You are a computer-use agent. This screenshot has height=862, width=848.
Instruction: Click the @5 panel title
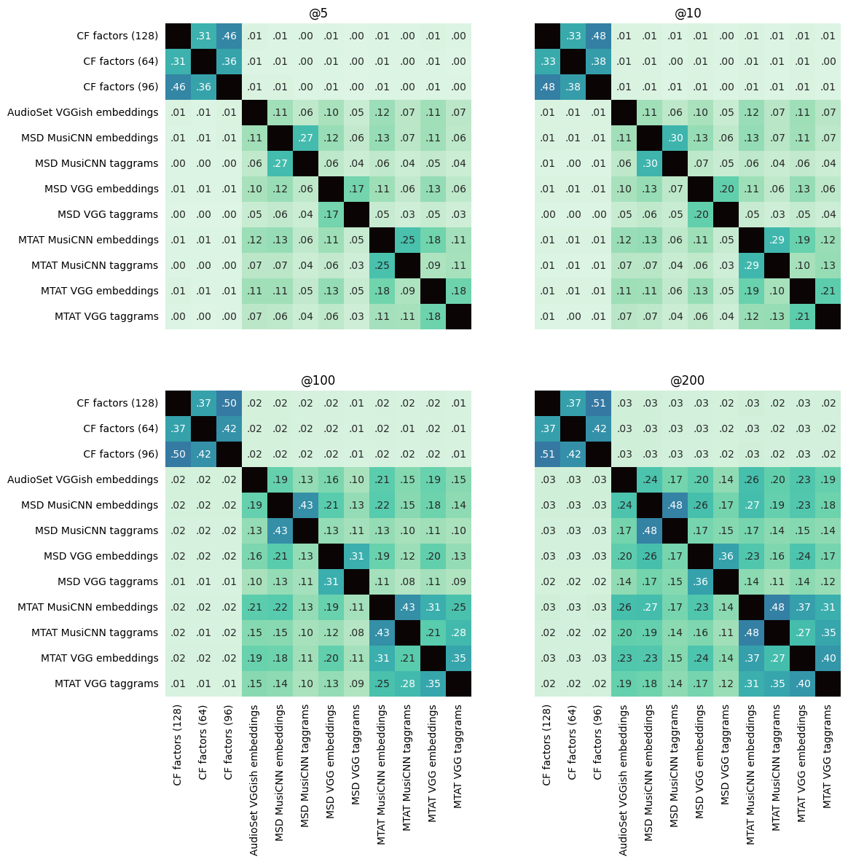click(318, 13)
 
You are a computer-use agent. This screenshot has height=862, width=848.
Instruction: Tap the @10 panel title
click(688, 13)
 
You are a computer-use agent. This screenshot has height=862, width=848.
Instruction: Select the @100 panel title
click(318, 380)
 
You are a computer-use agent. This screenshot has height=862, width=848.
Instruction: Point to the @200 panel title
click(688, 380)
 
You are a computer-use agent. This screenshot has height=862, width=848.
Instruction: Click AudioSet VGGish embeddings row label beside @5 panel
click(83, 112)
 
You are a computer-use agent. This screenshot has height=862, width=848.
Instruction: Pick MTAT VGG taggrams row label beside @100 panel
click(106, 683)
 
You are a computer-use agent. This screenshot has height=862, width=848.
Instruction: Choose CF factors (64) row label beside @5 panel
click(121, 61)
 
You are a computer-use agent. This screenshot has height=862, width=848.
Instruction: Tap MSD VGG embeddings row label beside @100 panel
click(101, 556)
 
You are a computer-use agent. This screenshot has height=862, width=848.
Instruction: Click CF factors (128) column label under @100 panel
click(178, 745)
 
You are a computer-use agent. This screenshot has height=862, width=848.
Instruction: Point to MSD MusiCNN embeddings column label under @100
click(280, 772)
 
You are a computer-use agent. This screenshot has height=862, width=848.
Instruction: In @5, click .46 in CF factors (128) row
click(229, 36)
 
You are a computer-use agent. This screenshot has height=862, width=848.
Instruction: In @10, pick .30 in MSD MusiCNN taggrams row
click(649, 163)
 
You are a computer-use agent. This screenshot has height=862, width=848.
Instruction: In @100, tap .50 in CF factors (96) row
click(178, 454)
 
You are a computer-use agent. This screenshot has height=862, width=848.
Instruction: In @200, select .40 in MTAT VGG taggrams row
click(802, 683)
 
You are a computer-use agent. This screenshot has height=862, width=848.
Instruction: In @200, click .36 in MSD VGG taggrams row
click(700, 581)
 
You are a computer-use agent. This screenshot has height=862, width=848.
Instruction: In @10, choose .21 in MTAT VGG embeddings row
click(828, 291)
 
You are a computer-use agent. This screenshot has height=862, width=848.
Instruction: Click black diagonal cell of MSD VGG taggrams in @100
click(356, 581)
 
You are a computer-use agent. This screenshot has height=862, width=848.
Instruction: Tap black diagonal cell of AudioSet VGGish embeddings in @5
click(254, 112)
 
